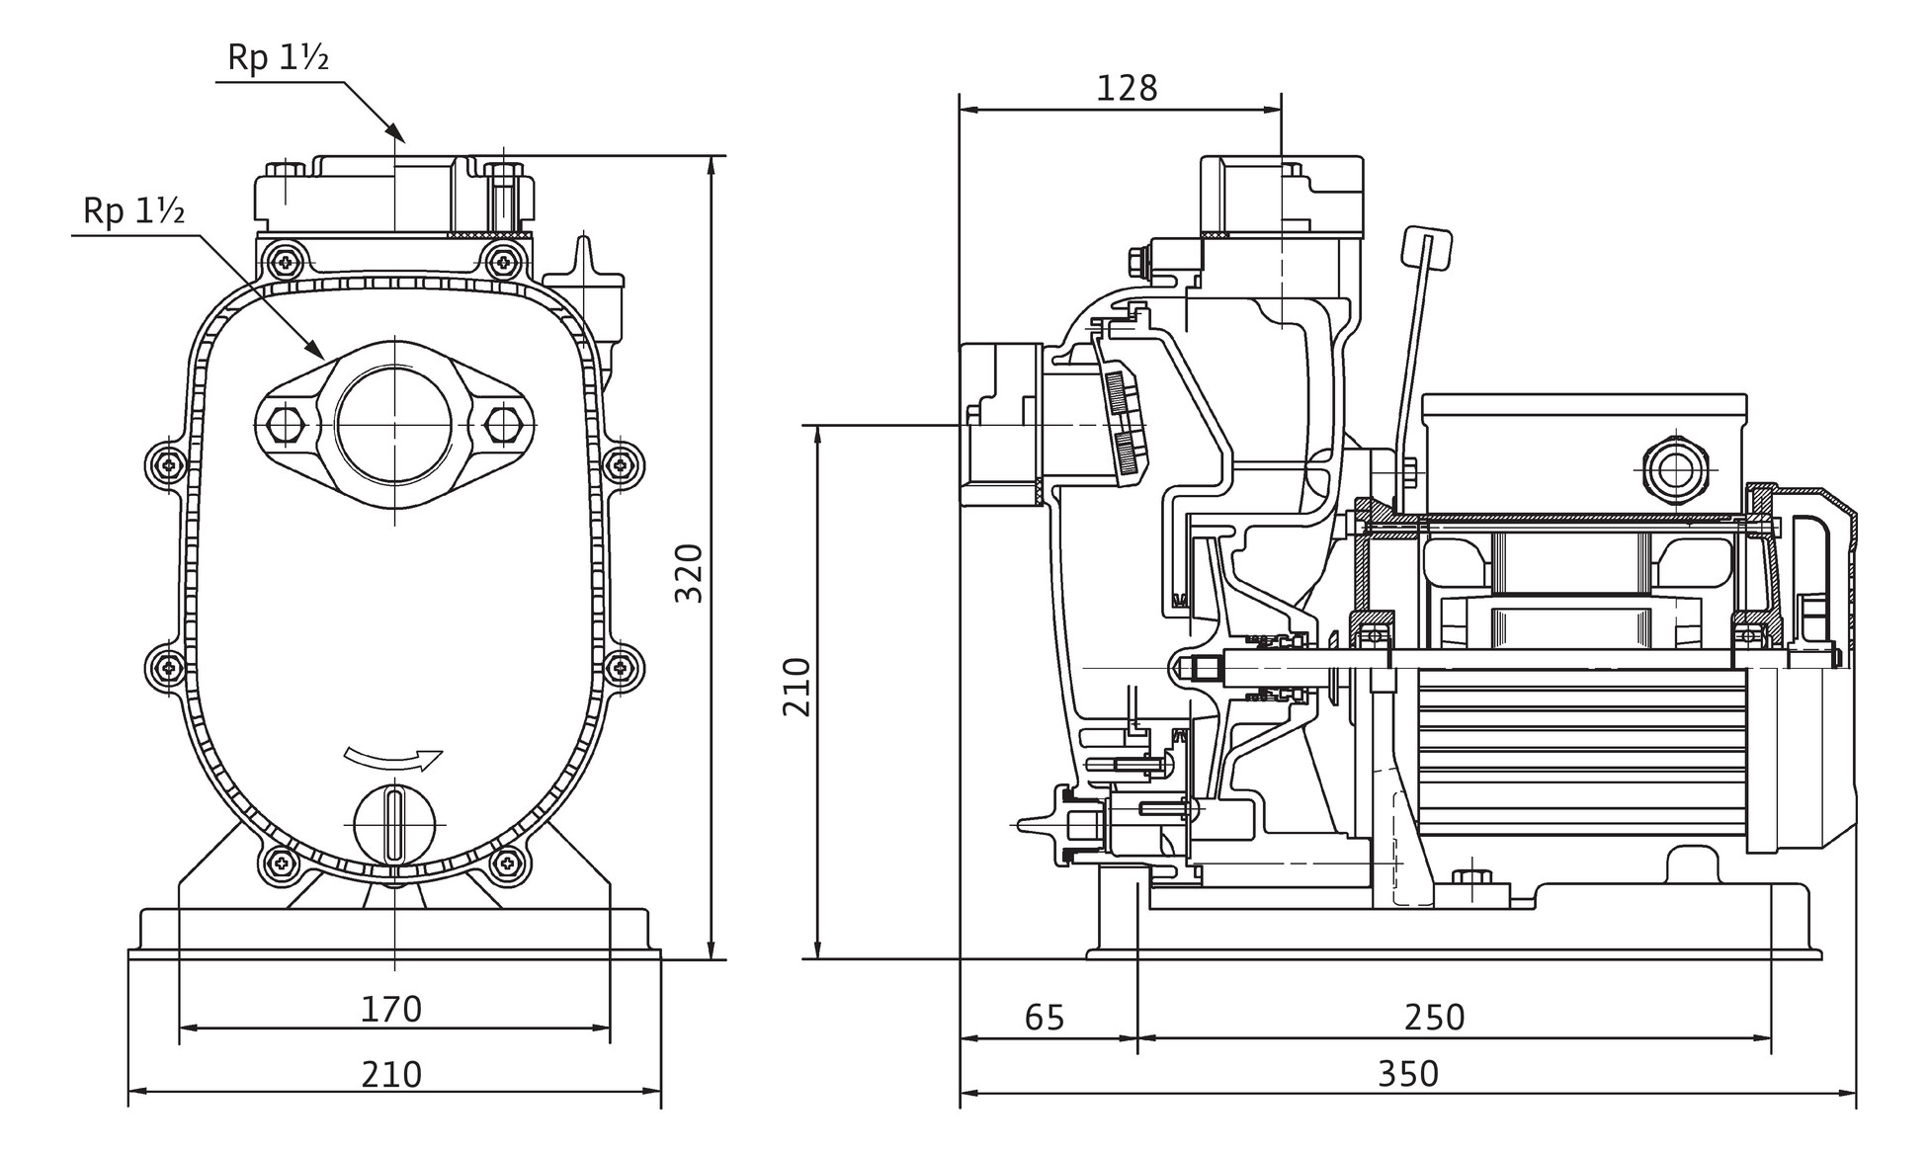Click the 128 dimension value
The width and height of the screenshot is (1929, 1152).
pos(1127,89)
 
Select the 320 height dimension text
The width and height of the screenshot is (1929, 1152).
pos(689,573)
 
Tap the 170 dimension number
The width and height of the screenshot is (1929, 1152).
pos(391,1009)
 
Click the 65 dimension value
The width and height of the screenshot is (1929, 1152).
pos(1045,1017)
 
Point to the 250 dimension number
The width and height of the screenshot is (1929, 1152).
pos(1434,1017)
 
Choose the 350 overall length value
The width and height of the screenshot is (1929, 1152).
pos(1408,1074)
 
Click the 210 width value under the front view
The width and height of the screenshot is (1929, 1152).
pos(391,1074)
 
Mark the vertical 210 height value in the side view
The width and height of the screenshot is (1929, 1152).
pos(797,687)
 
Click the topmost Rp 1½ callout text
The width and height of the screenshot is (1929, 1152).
pos(278,58)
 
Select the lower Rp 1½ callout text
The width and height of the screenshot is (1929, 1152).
pos(134,211)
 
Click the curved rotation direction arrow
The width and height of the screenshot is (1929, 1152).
pos(393,759)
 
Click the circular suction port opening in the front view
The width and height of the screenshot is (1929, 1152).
pos(394,423)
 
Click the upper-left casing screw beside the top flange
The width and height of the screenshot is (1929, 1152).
pos(287,261)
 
